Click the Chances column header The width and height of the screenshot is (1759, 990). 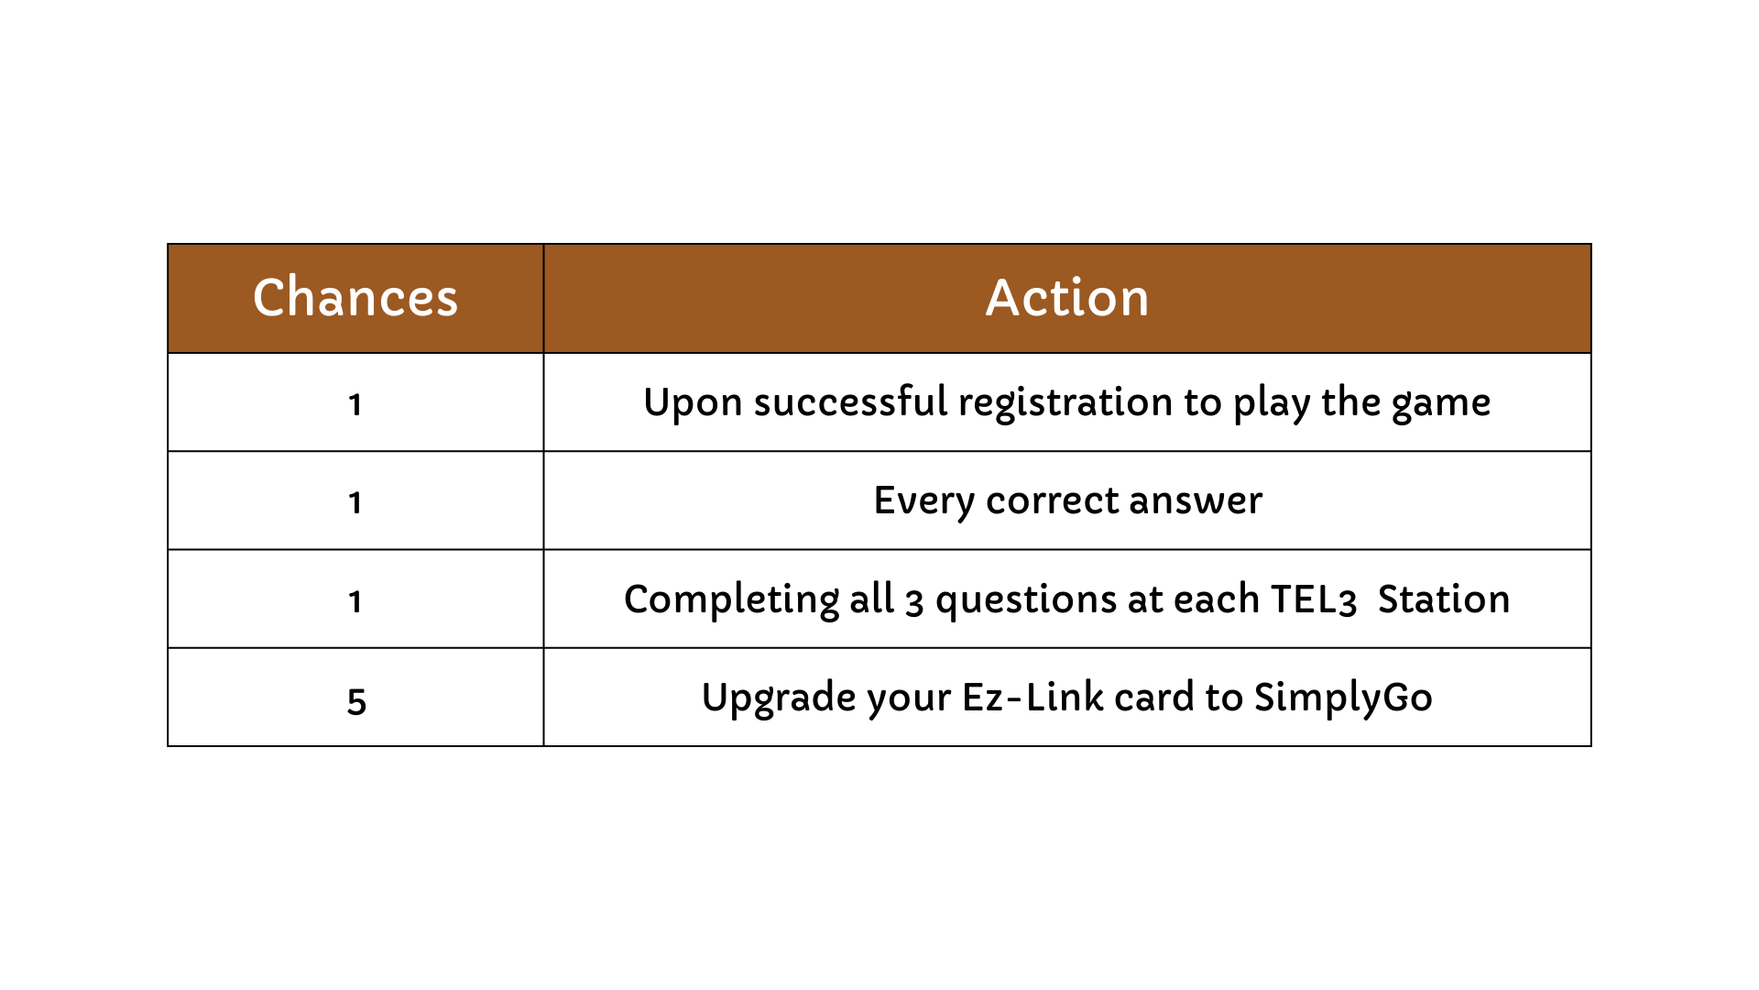(x=355, y=297)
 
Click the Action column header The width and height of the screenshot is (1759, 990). (x=1067, y=297)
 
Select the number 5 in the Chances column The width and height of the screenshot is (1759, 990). (x=356, y=701)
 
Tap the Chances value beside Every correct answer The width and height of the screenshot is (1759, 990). (x=355, y=502)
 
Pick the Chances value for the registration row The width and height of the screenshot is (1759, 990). (x=355, y=404)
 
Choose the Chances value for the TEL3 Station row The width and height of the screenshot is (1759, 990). (x=355, y=601)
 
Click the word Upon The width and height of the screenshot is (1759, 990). (x=693, y=402)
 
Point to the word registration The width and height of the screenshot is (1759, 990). (x=1065, y=402)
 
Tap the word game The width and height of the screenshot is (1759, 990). (x=1441, y=404)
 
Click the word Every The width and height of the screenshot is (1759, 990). (x=924, y=501)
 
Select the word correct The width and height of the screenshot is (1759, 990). (x=1053, y=501)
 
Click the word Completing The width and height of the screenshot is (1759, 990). (x=731, y=599)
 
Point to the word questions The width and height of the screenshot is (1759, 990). (x=1026, y=600)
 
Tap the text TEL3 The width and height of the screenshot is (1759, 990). (x=1314, y=599)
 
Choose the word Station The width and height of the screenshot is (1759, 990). (x=1444, y=599)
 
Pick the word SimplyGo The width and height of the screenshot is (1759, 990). (x=1343, y=698)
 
